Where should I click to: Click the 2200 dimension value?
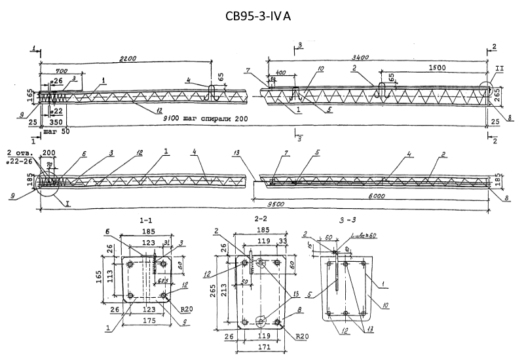pyautogui.click(x=128, y=59)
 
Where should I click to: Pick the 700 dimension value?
pyautogui.click(x=63, y=70)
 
